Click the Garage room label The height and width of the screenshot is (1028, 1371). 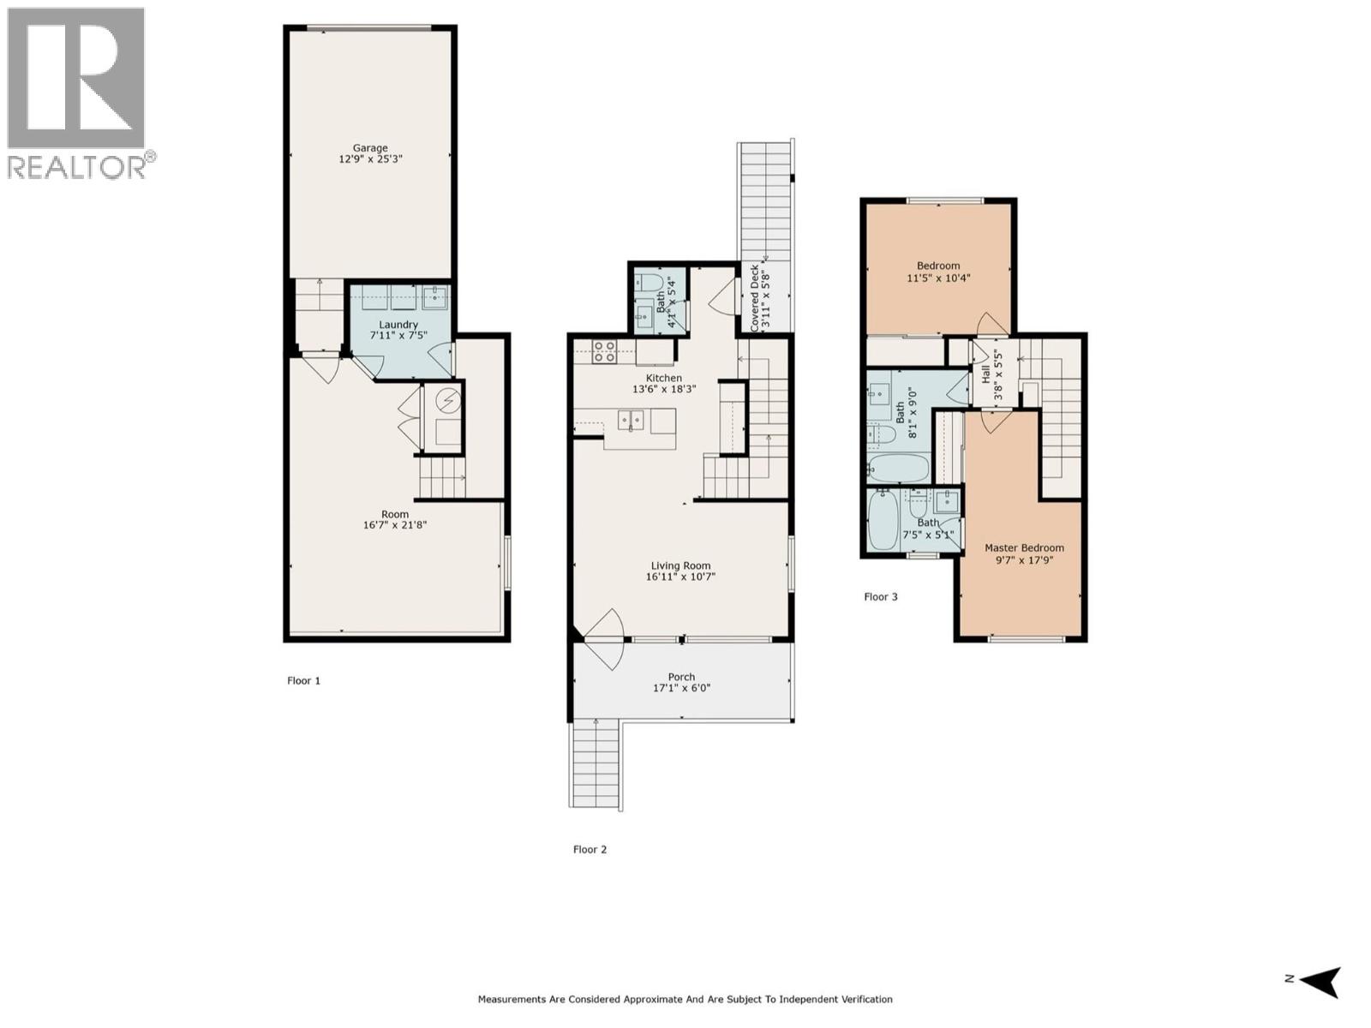(370, 147)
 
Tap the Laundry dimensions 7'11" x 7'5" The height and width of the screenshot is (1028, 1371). (398, 337)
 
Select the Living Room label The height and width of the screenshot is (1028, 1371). (680, 565)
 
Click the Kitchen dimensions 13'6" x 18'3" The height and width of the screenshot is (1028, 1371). (664, 389)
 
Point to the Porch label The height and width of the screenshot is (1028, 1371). (681, 677)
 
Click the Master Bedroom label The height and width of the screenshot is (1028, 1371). (1024, 547)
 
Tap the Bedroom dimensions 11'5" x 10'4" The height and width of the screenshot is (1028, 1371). (938, 278)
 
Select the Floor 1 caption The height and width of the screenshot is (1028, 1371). (303, 681)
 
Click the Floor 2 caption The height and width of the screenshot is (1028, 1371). (590, 850)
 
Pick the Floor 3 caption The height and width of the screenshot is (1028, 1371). (880, 597)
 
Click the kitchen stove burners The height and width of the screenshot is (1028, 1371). (604, 351)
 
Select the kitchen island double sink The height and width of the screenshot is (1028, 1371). (632, 420)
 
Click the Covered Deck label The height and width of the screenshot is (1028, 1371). (754, 298)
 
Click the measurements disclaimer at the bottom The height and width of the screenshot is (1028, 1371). (685, 999)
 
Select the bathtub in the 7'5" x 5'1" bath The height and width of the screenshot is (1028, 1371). (883, 520)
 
